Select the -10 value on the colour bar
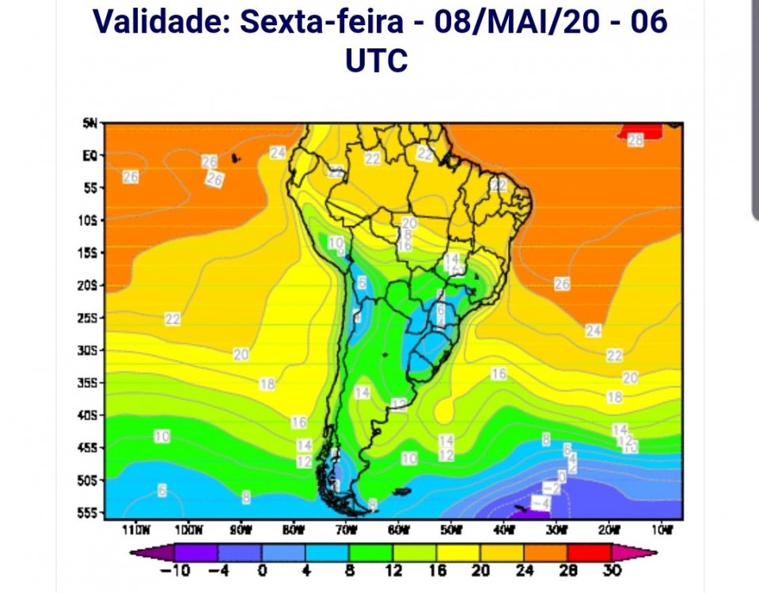[180, 571]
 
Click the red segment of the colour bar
[586, 552]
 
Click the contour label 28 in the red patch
[636, 140]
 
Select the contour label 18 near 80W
[268, 384]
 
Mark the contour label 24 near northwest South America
[277, 153]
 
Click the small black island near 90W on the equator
[236, 158]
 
